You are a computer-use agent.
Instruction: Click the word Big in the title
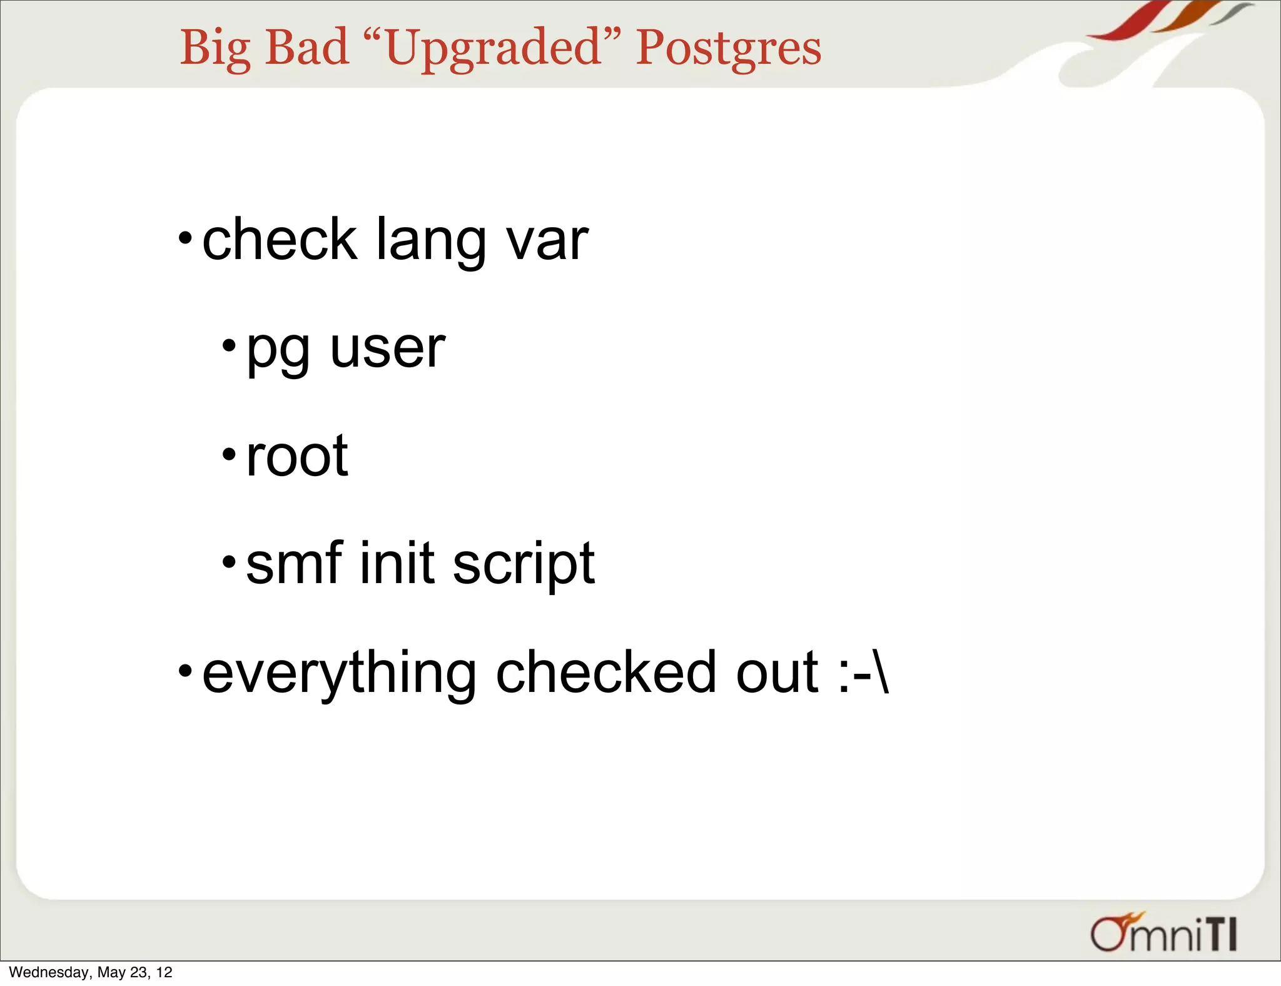(x=215, y=48)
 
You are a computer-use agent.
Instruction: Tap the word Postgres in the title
(x=728, y=48)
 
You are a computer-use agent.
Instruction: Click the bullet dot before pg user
(x=229, y=345)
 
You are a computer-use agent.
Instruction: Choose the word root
(x=297, y=455)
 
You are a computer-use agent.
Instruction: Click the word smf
(x=295, y=562)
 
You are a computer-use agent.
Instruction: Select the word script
(x=524, y=565)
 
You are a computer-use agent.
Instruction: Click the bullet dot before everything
(x=185, y=671)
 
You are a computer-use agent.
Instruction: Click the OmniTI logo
(x=1163, y=933)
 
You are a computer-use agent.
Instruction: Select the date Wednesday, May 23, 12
(x=91, y=972)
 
